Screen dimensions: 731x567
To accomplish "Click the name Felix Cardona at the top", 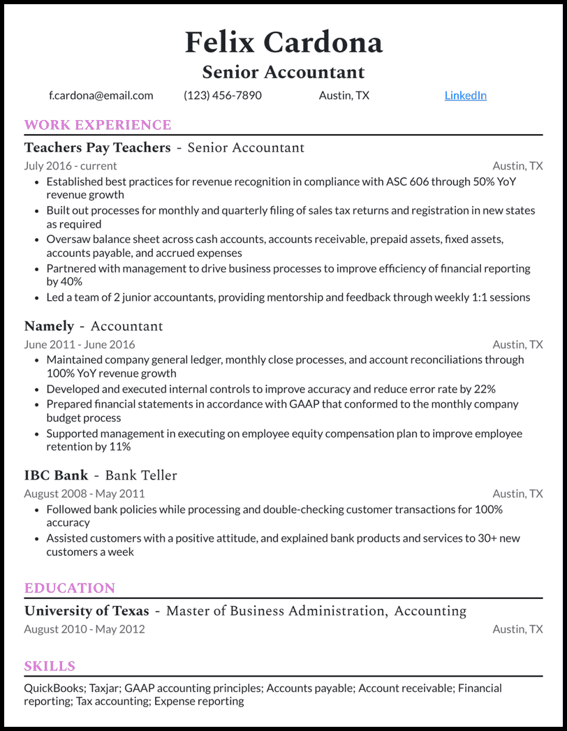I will click(283, 43).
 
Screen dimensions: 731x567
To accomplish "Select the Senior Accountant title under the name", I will click(283, 72).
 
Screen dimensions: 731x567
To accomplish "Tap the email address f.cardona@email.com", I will click(101, 96).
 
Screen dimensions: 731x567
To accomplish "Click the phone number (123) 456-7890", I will click(223, 96).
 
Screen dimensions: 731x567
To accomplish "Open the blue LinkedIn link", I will click(465, 96).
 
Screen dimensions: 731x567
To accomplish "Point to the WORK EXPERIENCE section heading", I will click(98, 125).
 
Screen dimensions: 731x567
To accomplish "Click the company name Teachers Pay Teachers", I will click(97, 147).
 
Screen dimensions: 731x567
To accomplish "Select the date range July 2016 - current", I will click(71, 166).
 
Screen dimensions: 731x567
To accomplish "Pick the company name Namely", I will click(49, 326).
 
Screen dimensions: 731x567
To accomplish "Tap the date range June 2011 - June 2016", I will click(80, 345).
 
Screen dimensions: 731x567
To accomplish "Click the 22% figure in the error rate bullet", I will click(484, 389).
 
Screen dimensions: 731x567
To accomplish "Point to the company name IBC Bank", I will click(56, 475).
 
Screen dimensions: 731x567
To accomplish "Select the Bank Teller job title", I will click(141, 475).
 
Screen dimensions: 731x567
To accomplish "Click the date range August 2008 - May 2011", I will click(84, 494).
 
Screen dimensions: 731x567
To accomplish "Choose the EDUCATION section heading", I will click(70, 588).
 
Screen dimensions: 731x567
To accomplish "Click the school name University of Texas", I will click(87, 611).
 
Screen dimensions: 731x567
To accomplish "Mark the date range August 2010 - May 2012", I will click(84, 629).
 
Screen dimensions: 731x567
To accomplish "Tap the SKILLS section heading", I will click(50, 666).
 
